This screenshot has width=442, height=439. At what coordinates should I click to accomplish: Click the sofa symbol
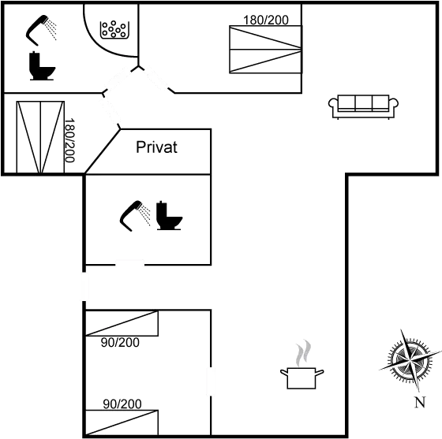pyautogui.click(x=362, y=104)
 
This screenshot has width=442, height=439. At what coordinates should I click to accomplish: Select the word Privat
pyautogui.click(x=157, y=147)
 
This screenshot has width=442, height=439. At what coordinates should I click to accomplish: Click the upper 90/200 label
pyautogui.click(x=121, y=342)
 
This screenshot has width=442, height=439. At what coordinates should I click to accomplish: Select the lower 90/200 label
pyautogui.click(x=122, y=404)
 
